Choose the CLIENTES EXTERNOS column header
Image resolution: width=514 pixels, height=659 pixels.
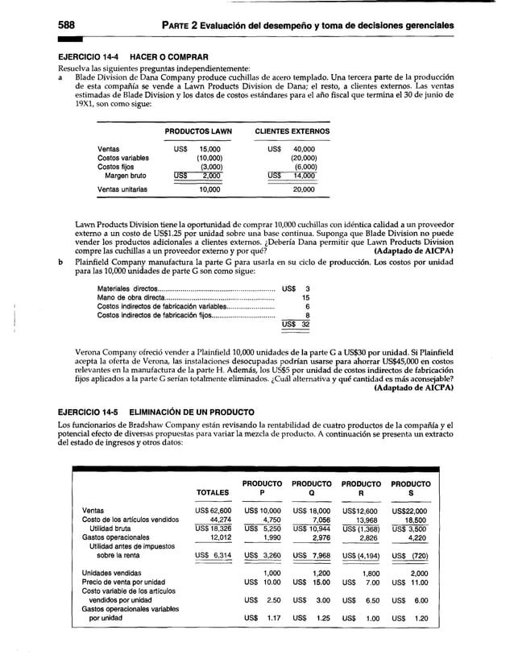[292, 131]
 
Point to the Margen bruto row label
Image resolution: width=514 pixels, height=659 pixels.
[127, 176]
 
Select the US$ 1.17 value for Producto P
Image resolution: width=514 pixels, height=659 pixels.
[262, 621]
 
